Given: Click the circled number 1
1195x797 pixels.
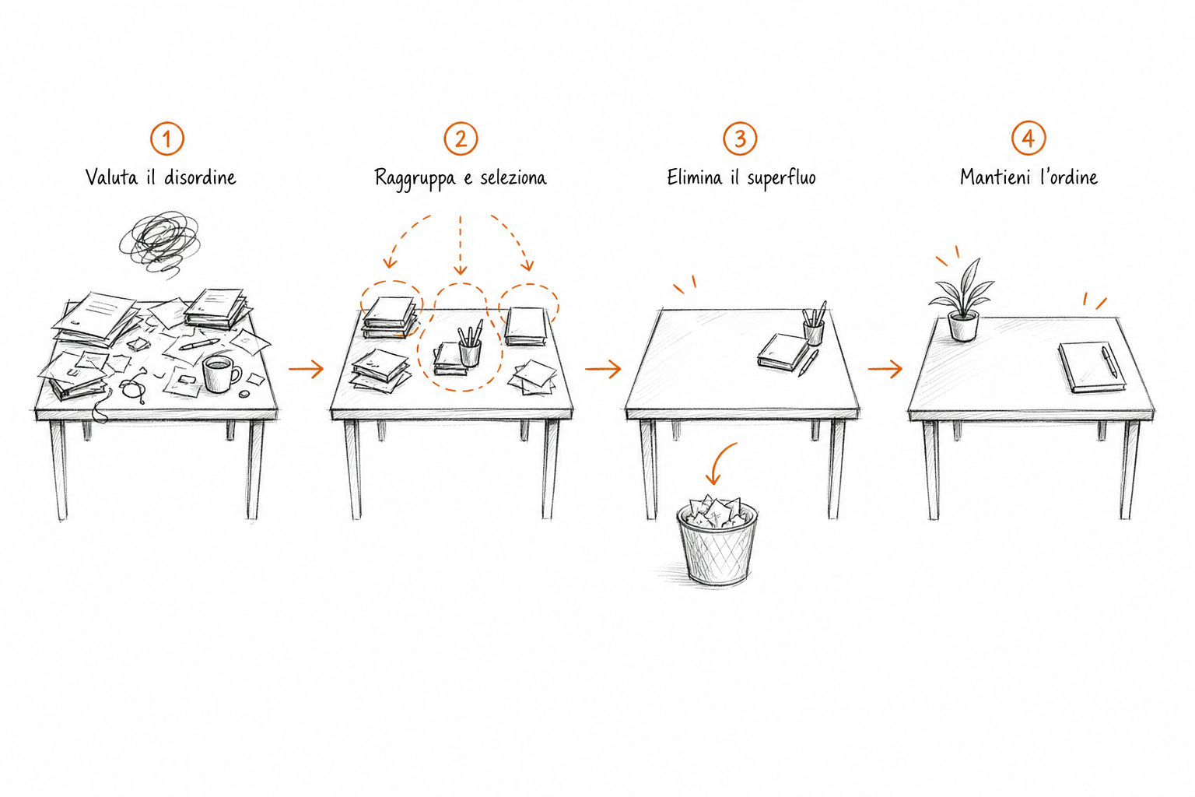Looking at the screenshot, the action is click(x=167, y=139).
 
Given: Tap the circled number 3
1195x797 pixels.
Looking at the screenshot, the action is click(x=740, y=139).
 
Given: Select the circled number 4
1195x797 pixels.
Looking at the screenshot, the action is click(x=1029, y=139).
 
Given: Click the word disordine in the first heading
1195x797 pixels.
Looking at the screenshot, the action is click(x=200, y=177).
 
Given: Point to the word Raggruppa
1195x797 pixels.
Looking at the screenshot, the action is click(x=415, y=178).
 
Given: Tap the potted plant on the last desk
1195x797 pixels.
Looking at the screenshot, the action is click(x=963, y=302).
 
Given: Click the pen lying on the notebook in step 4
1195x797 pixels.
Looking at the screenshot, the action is click(x=1109, y=362).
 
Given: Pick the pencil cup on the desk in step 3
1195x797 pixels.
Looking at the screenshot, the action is click(x=814, y=324).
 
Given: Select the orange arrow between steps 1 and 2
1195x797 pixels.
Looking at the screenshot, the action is click(x=307, y=369).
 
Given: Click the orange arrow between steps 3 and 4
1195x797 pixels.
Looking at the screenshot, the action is click(x=885, y=369).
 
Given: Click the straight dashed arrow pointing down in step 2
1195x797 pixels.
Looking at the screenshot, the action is click(x=461, y=245).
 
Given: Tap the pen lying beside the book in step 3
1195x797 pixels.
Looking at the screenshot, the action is click(x=808, y=363).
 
